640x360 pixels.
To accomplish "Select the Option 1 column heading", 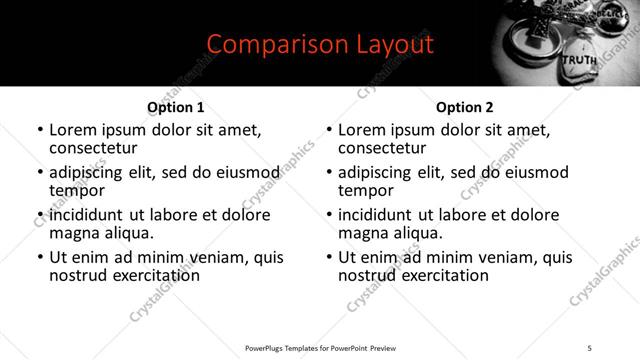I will tap(175, 107).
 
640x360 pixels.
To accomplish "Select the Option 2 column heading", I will tap(465, 107).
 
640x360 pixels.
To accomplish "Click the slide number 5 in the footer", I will tap(590, 347).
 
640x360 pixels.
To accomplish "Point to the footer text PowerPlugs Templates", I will tap(290, 347).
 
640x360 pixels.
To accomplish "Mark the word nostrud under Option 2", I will tap(368, 275).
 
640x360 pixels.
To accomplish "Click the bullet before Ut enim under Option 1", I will tap(39, 258).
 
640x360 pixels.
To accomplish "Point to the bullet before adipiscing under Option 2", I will tap(329, 173).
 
